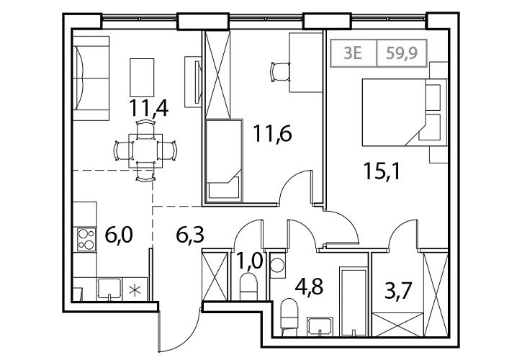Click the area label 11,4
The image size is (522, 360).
coord(149,107)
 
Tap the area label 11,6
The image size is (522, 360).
coord(272,133)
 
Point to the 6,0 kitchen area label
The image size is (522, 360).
coord(119,235)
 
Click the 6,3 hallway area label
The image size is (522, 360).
coord(190,235)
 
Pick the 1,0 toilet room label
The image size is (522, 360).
coord(250,261)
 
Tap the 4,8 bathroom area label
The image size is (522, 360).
coord(310,287)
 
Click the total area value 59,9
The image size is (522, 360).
coord(402,53)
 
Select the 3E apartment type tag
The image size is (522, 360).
coord(353,53)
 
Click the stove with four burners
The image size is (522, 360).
coord(86,239)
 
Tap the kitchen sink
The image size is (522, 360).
coord(109,289)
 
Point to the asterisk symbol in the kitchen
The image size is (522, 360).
coord(135,290)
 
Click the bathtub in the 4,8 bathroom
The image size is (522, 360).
coord(354,302)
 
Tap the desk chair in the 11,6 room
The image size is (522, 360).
coord(279,71)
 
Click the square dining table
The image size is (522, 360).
coord(146,151)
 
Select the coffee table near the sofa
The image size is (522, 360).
coord(142,77)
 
